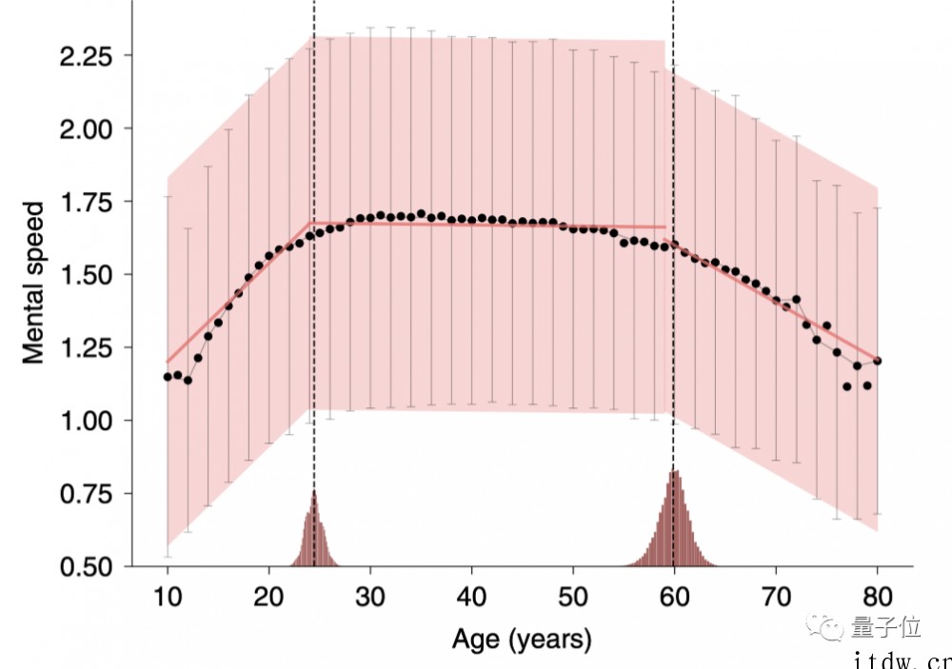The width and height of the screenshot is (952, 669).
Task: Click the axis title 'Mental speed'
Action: [x=34, y=282]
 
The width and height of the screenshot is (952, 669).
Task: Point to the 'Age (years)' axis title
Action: [x=522, y=638]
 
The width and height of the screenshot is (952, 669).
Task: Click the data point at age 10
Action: [x=168, y=377]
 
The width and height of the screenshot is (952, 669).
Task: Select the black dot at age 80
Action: [x=877, y=361]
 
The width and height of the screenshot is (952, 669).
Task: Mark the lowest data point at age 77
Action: [x=846, y=386]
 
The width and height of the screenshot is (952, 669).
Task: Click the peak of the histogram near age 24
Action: [x=313, y=493]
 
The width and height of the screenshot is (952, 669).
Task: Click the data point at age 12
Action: [x=188, y=381]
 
